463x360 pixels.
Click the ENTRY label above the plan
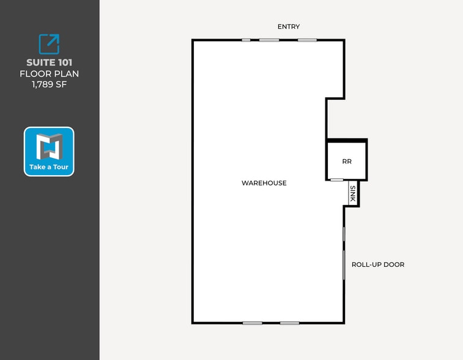(x=289, y=26)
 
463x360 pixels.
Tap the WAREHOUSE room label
(x=264, y=183)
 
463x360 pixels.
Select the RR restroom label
(x=347, y=162)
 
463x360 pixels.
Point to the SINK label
(x=352, y=194)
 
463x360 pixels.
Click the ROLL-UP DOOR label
(x=378, y=264)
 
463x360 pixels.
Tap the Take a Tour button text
(x=49, y=167)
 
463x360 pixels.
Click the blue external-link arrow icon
(x=49, y=44)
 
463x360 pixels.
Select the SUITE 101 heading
(x=50, y=62)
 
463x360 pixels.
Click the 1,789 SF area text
(x=50, y=84)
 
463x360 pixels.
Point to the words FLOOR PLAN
(x=50, y=73)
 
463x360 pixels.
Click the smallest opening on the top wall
(x=246, y=40)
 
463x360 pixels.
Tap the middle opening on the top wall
(x=269, y=40)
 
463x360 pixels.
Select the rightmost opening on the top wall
(x=307, y=40)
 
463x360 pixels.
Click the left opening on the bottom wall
(x=253, y=323)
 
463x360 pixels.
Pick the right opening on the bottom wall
(x=290, y=323)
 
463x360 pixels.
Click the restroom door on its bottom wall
(x=336, y=180)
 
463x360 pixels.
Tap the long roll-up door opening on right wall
(x=344, y=265)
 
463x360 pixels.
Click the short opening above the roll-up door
(x=344, y=234)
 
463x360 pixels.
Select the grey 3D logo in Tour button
(x=50, y=146)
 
